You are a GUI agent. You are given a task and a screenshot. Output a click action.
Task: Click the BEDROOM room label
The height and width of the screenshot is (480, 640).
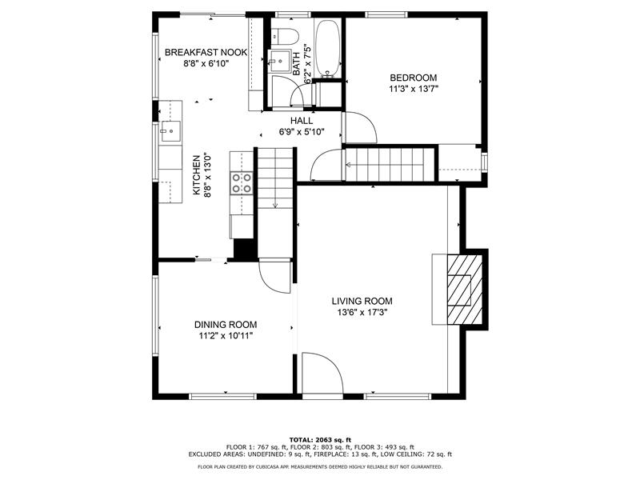pyautogui.click(x=413, y=78)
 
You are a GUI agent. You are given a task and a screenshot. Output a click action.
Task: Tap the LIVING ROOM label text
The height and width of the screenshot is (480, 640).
pyautogui.click(x=362, y=302)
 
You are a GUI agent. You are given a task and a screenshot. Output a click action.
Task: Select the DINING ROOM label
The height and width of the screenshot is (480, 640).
pyautogui.click(x=226, y=325)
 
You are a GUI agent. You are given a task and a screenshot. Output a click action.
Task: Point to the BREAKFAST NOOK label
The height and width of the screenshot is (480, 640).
pyautogui.click(x=206, y=52)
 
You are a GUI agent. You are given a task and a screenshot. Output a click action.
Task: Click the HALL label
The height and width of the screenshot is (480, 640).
pyautogui.click(x=302, y=121)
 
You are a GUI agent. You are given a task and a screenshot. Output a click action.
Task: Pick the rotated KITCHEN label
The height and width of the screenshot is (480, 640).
pyautogui.click(x=196, y=174)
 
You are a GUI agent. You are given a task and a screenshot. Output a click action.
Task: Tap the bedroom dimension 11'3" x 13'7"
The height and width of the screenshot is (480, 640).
pyautogui.click(x=413, y=89)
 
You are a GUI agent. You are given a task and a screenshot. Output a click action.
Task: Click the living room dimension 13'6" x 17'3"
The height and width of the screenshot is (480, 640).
pyautogui.click(x=362, y=313)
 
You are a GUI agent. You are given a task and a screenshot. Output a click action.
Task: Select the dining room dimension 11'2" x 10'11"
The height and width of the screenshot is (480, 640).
pyautogui.click(x=226, y=336)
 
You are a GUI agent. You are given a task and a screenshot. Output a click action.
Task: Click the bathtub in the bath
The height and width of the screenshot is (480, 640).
pyautogui.click(x=327, y=48)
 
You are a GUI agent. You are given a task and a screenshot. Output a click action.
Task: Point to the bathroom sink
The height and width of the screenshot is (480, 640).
pyautogui.click(x=279, y=62)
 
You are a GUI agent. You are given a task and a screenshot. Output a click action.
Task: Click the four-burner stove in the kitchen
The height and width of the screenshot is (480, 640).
pyautogui.click(x=242, y=182)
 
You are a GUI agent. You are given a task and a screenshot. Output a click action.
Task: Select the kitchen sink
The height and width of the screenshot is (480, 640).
pyautogui.click(x=170, y=131)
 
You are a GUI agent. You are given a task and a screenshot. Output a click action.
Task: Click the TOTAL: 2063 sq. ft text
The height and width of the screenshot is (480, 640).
pyautogui.click(x=320, y=439)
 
